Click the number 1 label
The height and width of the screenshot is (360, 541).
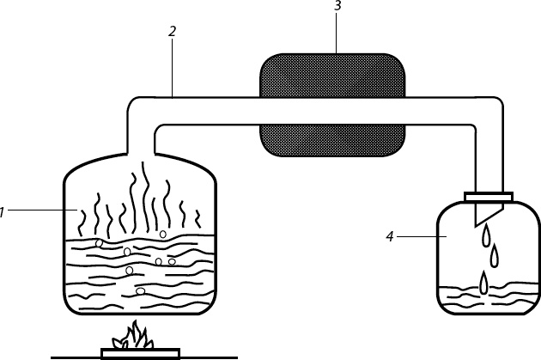click(x=3, y=211)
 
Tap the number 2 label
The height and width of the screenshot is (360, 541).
click(x=173, y=31)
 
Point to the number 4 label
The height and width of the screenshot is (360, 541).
click(x=392, y=235)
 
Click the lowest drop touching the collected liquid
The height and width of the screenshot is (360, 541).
click(x=484, y=280)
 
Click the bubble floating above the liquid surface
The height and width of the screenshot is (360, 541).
click(x=162, y=233)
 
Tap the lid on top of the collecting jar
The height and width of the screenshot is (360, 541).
click(x=488, y=197)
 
